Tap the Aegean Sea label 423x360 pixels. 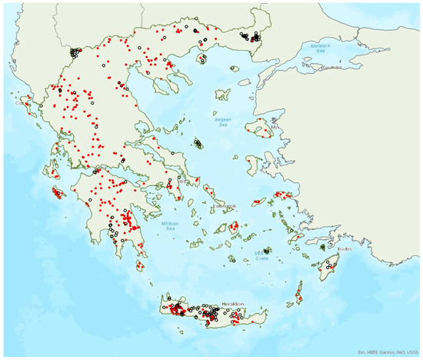224,122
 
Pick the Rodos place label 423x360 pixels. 345,248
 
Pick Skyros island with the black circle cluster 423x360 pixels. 198,143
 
